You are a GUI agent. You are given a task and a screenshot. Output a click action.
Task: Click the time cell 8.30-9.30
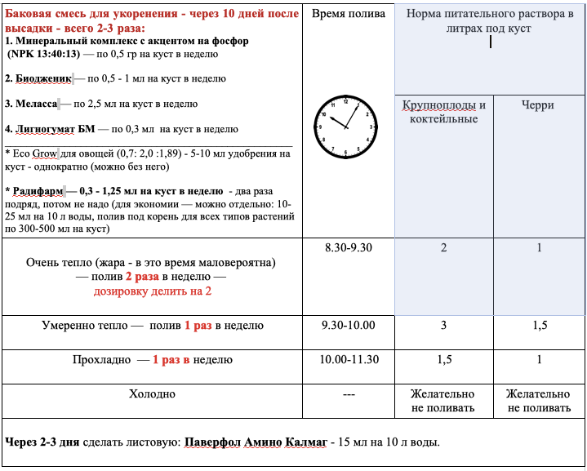coord(348,247)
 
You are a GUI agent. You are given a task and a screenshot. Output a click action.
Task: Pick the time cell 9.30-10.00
coord(348,325)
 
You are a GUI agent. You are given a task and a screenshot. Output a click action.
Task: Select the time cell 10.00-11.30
coord(348,359)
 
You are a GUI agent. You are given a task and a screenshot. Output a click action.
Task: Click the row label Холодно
coord(152,393)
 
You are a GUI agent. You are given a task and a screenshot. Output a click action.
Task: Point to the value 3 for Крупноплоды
coord(443,325)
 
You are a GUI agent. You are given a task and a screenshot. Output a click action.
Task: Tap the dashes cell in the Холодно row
coord(348,393)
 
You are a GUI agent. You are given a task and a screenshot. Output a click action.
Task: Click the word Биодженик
coord(42,79)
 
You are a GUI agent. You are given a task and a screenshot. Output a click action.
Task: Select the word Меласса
coord(38,104)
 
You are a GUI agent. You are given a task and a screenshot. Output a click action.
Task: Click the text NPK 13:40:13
coord(43,53)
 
